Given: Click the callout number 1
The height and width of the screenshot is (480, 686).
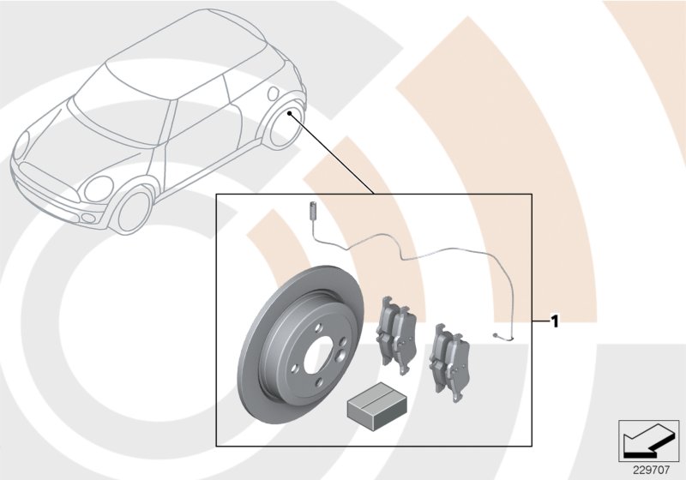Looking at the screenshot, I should click(555, 322).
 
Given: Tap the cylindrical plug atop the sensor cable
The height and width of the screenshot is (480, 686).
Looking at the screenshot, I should click(313, 210).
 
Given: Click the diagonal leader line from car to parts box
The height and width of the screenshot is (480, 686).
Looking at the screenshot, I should click(334, 154).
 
